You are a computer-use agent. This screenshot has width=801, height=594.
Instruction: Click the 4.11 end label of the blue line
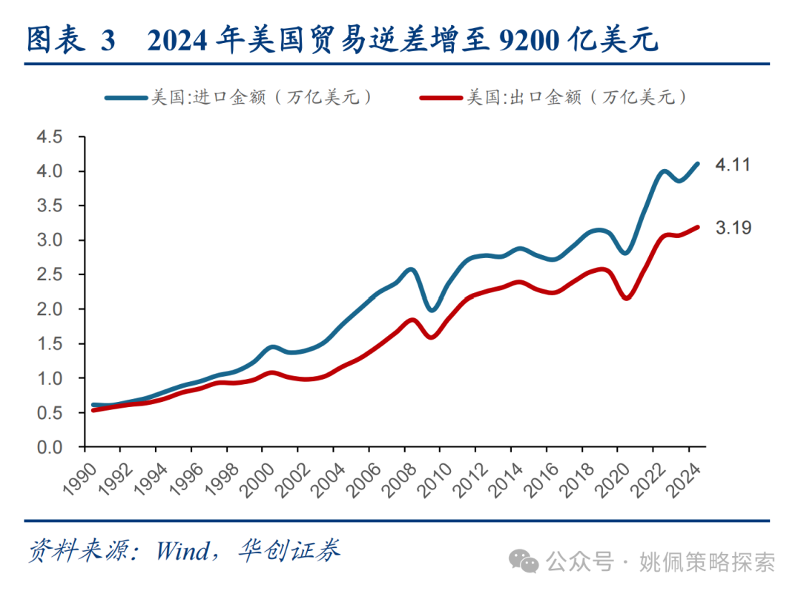732,165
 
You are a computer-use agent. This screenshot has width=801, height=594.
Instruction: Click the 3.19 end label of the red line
732,228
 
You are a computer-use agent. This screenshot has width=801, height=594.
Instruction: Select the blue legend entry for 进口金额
237,97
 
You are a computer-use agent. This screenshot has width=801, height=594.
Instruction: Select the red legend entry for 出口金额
553,97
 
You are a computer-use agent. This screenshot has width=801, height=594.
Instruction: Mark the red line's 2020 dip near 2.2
627,298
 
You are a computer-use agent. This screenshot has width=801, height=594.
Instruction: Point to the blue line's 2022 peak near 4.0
662,172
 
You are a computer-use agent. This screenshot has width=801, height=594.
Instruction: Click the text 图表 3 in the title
71,42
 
